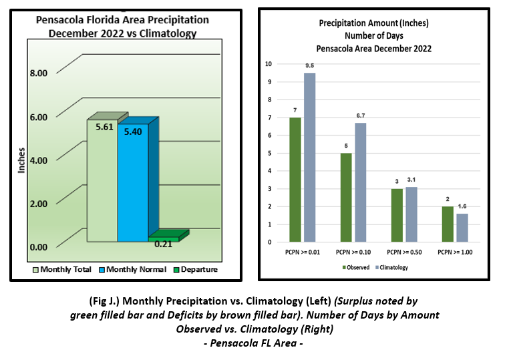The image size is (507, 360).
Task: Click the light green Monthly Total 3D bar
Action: click(x=102, y=180)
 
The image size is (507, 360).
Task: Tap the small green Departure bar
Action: click(x=164, y=237)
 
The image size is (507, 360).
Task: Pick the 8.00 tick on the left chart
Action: click(x=38, y=73)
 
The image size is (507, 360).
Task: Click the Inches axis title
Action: click(x=21, y=160)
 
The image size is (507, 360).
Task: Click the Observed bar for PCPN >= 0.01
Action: click(x=295, y=179)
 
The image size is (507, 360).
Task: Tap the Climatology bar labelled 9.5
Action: click(x=310, y=157)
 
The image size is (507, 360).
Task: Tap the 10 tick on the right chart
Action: click(x=268, y=64)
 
